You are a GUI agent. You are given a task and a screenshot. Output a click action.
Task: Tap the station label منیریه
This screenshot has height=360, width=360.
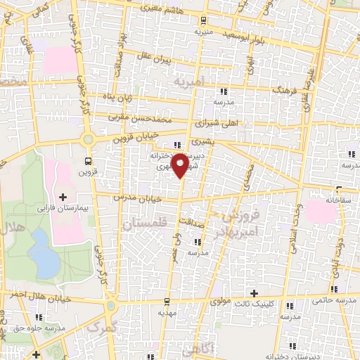[203, 32]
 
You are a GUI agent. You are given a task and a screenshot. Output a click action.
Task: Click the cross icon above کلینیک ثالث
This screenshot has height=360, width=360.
[254, 293]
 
